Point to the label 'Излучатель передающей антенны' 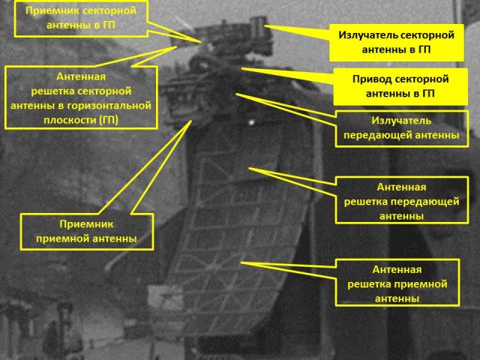(x=400, y=127)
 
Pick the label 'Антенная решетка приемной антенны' (x=397, y=283)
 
